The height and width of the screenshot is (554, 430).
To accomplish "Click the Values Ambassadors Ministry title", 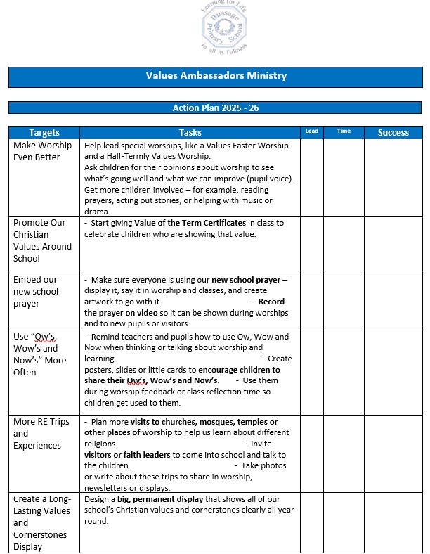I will click(216, 75).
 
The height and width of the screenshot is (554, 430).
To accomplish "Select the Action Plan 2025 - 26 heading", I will click(216, 108).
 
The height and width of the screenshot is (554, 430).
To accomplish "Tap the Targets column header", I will click(44, 132).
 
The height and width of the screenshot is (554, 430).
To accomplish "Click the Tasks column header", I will click(190, 132).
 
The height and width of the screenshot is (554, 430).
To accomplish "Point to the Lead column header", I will click(311, 131).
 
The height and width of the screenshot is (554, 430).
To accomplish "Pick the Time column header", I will click(344, 131).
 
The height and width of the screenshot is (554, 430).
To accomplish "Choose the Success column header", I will click(393, 132).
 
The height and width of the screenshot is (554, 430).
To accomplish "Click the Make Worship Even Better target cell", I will click(43, 151).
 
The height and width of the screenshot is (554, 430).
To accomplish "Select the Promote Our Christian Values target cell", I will click(43, 240).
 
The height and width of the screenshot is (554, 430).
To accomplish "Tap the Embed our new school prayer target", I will click(36, 292).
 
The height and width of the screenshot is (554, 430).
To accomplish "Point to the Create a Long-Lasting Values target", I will click(42, 522).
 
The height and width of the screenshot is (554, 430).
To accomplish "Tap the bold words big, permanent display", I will click(151, 499).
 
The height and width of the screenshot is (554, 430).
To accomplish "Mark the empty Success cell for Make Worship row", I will click(393, 177).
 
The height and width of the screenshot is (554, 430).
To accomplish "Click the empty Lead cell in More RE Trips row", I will click(311, 453).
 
